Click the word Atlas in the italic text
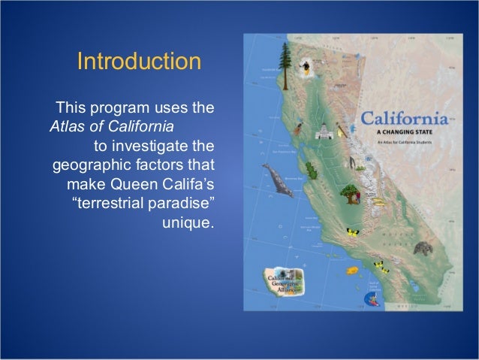(65, 125)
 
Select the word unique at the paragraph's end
(188, 222)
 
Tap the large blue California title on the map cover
(406, 119)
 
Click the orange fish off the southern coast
(350, 268)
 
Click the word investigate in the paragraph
(167, 144)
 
